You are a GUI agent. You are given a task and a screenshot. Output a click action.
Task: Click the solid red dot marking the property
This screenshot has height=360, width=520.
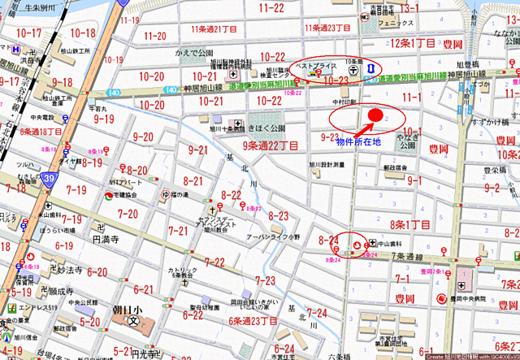(x=375, y=115)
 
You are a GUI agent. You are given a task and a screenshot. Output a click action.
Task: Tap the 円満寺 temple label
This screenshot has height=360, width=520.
(x=106, y=240)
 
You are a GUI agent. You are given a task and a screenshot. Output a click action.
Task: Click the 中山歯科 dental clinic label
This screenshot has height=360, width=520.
(x=389, y=242)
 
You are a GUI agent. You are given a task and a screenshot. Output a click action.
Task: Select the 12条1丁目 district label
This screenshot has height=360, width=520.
(x=414, y=41)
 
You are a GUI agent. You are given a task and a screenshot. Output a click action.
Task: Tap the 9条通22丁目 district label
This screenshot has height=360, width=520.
(x=272, y=145)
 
